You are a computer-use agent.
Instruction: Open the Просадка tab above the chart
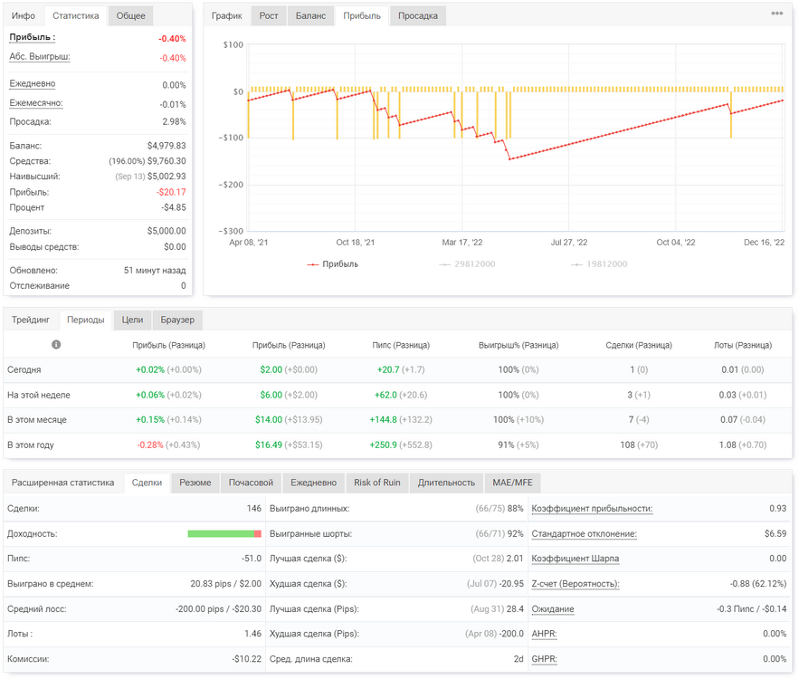point(417,15)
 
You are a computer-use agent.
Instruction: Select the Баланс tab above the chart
point(310,15)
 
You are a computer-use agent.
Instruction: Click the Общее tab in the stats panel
point(130,15)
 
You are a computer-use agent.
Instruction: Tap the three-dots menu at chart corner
point(776,14)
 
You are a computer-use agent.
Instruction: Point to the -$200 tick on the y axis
point(232,185)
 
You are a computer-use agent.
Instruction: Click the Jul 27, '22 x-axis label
point(568,242)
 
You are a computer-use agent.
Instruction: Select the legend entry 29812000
point(467,264)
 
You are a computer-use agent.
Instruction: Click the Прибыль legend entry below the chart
point(332,264)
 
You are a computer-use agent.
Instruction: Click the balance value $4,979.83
point(166,146)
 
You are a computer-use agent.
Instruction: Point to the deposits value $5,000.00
point(166,231)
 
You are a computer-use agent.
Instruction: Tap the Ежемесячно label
point(35,103)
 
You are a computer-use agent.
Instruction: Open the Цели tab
point(132,320)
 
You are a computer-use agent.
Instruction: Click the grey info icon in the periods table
point(56,345)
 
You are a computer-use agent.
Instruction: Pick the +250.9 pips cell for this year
point(383,445)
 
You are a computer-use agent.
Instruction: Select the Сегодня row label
point(24,369)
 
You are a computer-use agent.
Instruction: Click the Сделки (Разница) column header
point(639,345)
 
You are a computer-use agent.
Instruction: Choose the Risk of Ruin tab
point(377,483)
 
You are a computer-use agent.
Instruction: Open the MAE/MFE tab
point(512,483)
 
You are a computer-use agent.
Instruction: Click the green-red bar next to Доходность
point(224,534)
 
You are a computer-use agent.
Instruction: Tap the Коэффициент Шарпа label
point(575,559)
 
